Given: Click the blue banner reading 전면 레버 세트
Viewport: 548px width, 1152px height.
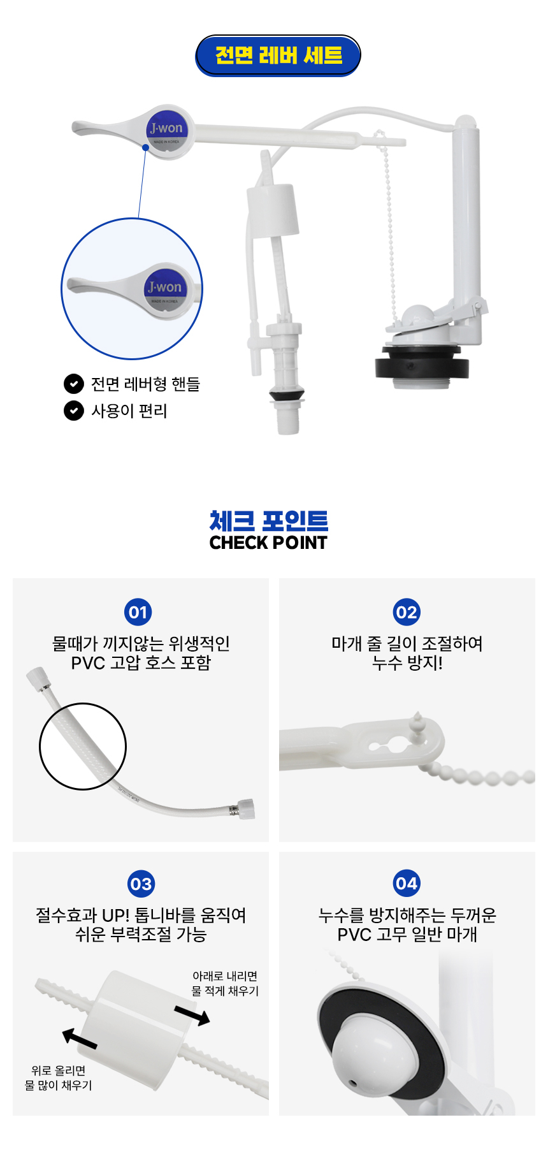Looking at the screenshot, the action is pyautogui.click(x=278, y=55).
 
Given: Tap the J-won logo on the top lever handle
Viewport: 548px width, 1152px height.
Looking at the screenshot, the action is pyautogui.click(x=166, y=131).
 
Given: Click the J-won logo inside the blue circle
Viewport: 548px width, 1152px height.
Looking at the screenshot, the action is pyautogui.click(x=164, y=290).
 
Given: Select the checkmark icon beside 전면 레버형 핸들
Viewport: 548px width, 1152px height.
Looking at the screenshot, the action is pyautogui.click(x=74, y=384).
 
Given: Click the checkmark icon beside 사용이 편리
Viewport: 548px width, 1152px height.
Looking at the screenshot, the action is pyautogui.click(x=74, y=411).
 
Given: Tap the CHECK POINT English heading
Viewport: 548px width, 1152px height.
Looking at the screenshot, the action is pyautogui.click(x=268, y=543).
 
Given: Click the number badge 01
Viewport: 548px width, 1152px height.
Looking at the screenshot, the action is pyautogui.click(x=138, y=612).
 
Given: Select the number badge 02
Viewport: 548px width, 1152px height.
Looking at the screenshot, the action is pyautogui.click(x=407, y=612).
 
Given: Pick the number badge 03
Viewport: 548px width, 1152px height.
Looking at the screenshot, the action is pyautogui.click(x=141, y=884).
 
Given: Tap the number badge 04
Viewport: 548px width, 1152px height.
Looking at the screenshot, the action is pyautogui.click(x=407, y=884).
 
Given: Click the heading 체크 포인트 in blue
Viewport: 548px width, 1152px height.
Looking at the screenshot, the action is pyautogui.click(x=269, y=520).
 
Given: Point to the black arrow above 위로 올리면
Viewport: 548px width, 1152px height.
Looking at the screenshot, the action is pyautogui.click(x=80, y=1038).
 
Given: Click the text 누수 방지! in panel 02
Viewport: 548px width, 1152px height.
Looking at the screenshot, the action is pyautogui.click(x=407, y=663).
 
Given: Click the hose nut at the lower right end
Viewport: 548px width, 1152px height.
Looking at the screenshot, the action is pyautogui.click(x=244, y=809).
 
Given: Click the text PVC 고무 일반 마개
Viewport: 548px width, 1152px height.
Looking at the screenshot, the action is pyautogui.click(x=407, y=935).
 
